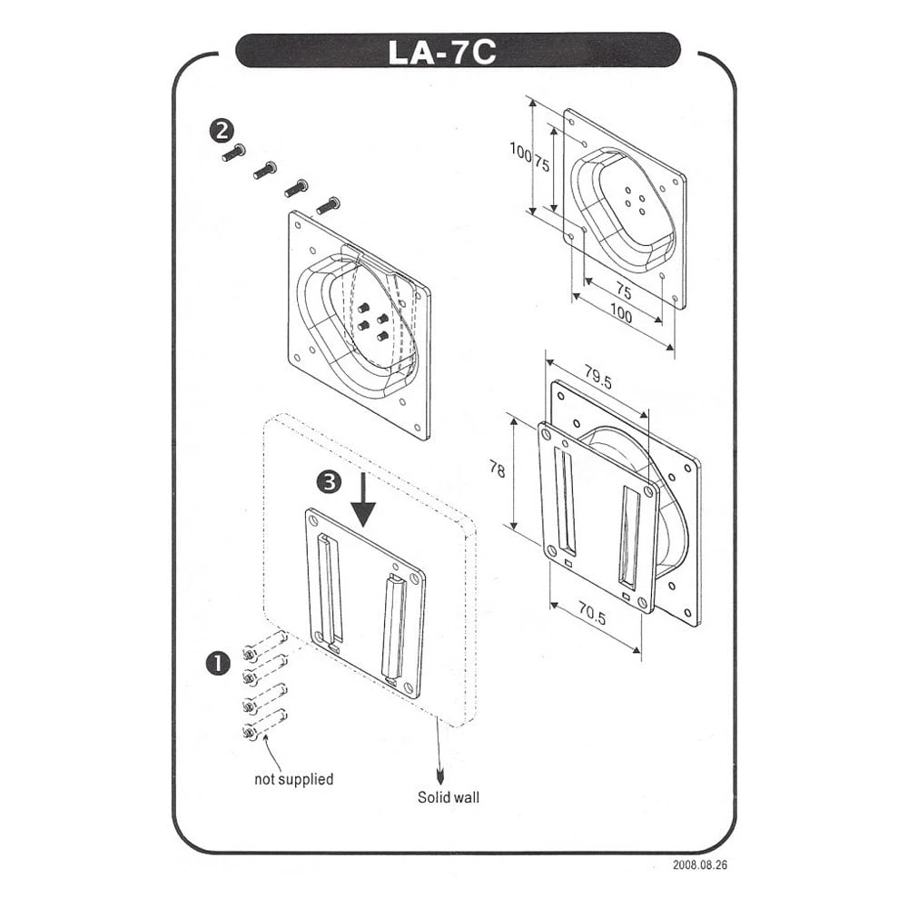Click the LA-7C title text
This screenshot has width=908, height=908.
click(442, 51)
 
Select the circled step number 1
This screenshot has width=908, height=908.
click(218, 664)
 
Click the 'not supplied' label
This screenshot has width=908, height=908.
click(293, 779)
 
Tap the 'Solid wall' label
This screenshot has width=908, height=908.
click(449, 798)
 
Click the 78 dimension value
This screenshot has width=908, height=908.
click(496, 469)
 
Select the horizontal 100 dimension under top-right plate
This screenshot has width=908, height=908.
click(621, 314)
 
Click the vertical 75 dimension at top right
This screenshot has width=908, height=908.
click(541, 164)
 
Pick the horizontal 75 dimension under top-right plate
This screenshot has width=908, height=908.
click(623, 291)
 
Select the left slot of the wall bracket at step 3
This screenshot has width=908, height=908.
click(327, 587)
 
